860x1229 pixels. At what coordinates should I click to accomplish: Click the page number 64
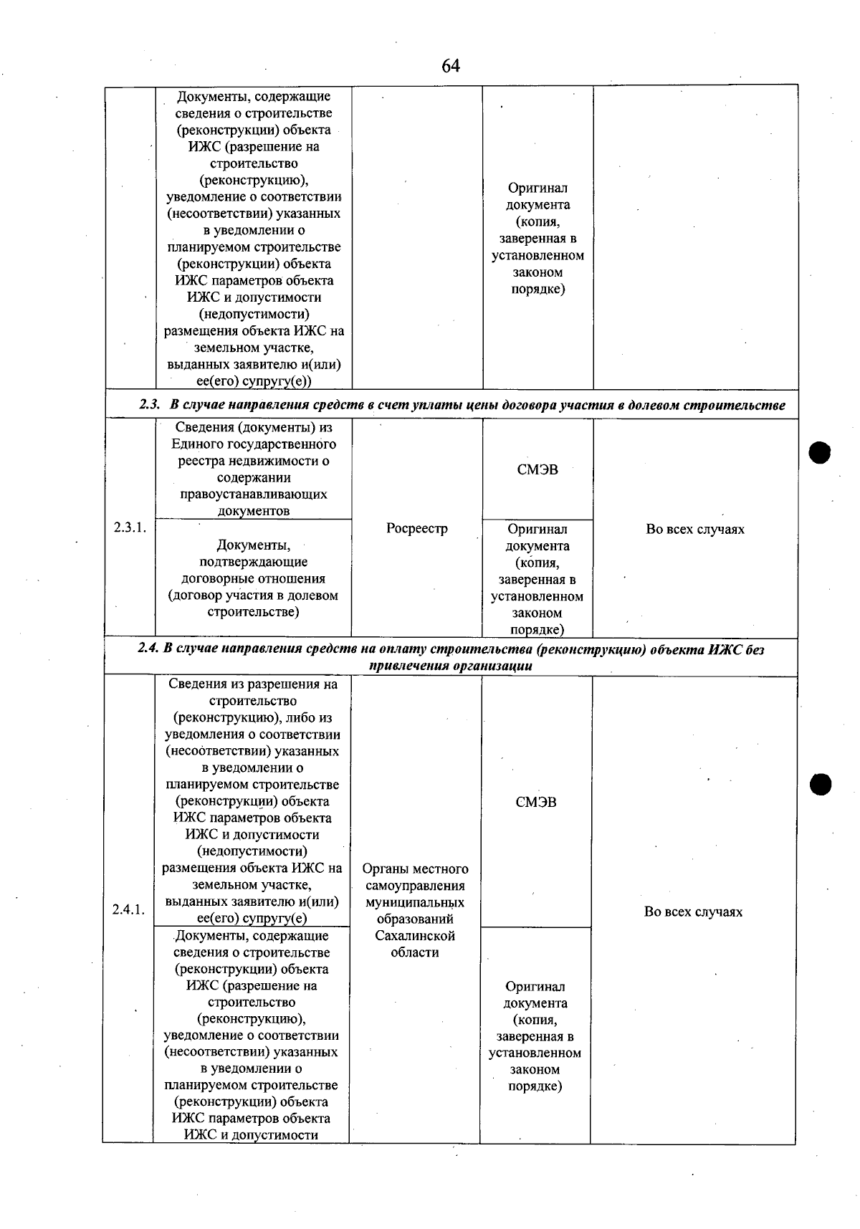pos(450,67)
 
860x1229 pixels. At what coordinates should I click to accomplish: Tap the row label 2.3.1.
pos(130,527)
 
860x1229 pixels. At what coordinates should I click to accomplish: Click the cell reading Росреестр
pos(416,529)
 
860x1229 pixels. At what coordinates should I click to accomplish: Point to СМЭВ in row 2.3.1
pos(537,470)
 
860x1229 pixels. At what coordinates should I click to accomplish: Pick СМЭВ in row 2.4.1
pos(535,803)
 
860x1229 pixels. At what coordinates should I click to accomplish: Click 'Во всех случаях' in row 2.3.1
pos(694,530)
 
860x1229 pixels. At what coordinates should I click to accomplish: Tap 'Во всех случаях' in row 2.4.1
pos(693,912)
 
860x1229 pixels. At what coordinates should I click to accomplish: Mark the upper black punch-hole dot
pos(819,453)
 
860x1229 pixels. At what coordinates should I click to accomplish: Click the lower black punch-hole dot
pos(820,784)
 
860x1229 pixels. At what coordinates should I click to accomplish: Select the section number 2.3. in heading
pos(149,406)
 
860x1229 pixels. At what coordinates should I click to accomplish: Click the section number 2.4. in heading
pos(148,649)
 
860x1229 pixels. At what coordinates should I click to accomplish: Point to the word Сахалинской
pos(415,936)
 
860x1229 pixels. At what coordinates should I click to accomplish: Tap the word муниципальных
pos(415,903)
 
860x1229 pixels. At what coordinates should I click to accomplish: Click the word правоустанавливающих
pos(254,494)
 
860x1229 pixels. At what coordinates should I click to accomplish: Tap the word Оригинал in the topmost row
pos(537,188)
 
